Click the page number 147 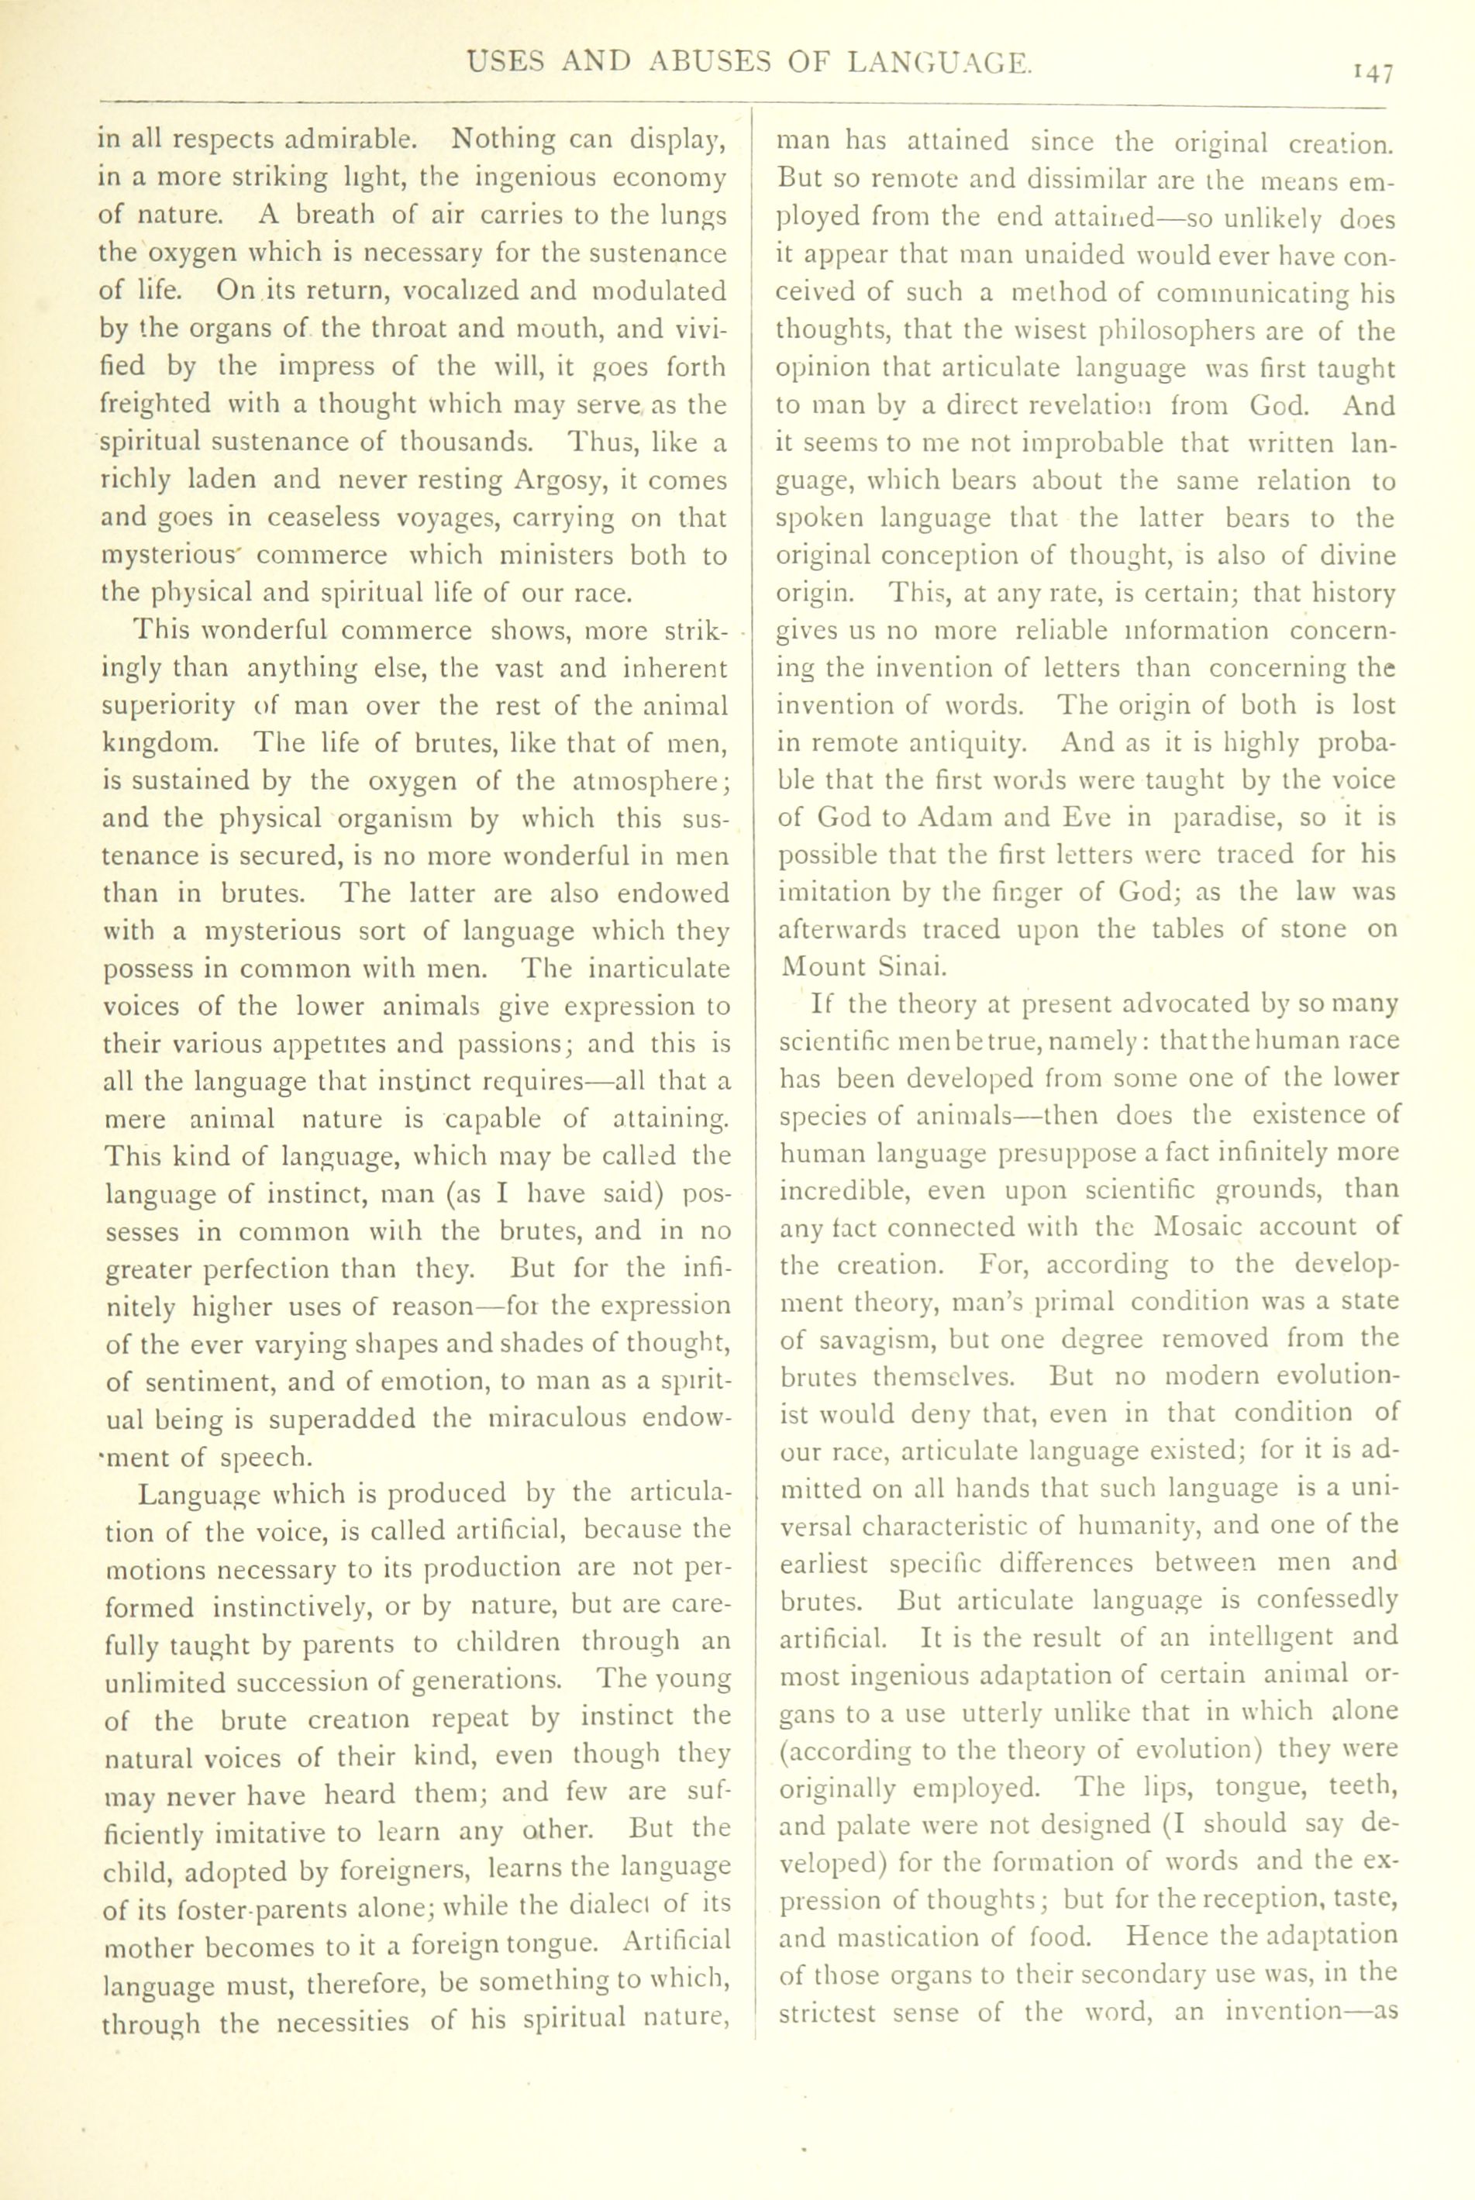1373,74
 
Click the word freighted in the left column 156,405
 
